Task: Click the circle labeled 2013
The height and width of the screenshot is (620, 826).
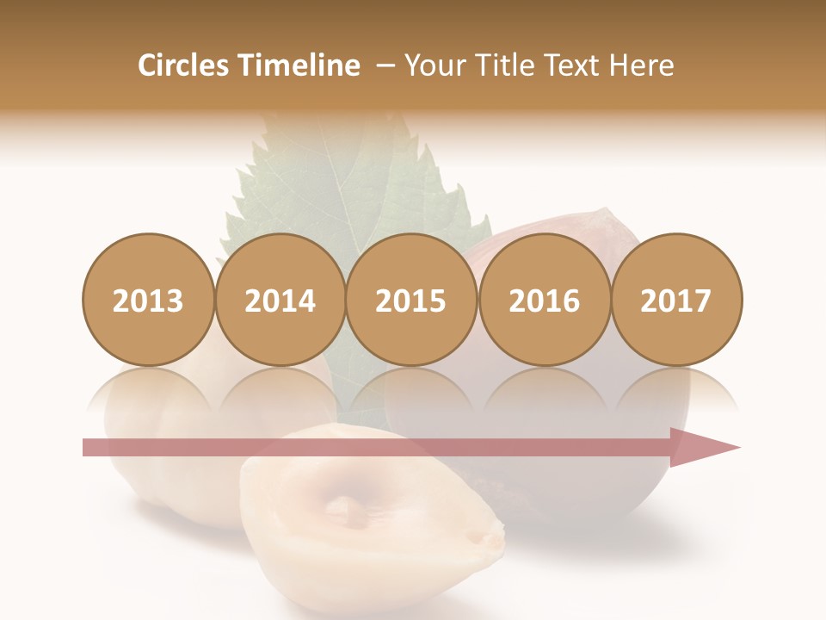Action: pyautogui.click(x=148, y=300)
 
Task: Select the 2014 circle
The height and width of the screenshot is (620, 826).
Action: pyautogui.click(x=280, y=300)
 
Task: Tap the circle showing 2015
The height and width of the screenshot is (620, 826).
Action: pyautogui.click(x=411, y=300)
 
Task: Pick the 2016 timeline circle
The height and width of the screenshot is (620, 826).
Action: pyautogui.click(x=544, y=300)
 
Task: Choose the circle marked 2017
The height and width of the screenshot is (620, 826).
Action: pyautogui.click(x=676, y=300)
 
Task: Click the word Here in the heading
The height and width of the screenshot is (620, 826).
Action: pyautogui.click(x=642, y=65)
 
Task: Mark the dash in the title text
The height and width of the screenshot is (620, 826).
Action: pyautogui.click(x=385, y=65)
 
